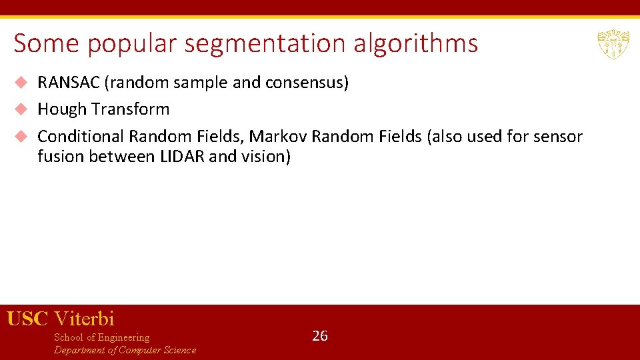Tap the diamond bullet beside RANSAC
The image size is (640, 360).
(21, 83)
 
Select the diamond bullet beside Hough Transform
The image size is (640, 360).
(21, 109)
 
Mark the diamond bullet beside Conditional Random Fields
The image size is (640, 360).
(21, 136)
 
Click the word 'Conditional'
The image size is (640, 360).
(81, 137)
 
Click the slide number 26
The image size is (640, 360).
(320, 335)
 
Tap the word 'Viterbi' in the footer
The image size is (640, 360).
(84, 319)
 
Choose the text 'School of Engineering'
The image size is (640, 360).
(101, 337)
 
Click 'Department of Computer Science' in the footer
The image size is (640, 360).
(125, 350)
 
